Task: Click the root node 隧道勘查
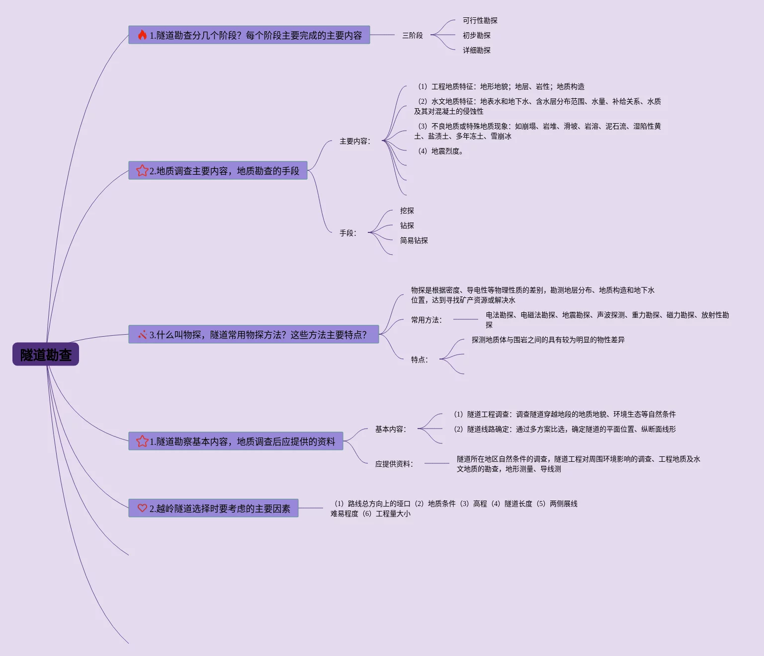click(46, 355)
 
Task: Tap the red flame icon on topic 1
click(142, 35)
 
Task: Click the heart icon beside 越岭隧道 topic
click(142, 508)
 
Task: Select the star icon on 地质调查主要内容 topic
click(142, 170)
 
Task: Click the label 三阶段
click(413, 35)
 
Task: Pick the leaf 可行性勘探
click(480, 20)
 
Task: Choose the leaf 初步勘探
click(476, 35)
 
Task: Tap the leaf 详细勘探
click(476, 50)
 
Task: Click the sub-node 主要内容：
click(355, 141)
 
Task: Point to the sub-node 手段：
click(348, 233)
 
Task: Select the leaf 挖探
click(407, 211)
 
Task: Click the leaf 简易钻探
click(414, 240)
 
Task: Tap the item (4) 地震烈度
click(440, 151)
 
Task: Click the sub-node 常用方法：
click(426, 320)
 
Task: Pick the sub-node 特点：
click(420, 360)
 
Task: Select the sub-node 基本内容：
click(391, 429)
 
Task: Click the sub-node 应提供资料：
click(394, 464)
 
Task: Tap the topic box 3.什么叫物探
click(254, 335)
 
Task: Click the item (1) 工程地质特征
click(501, 86)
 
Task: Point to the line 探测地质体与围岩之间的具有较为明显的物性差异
click(548, 340)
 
